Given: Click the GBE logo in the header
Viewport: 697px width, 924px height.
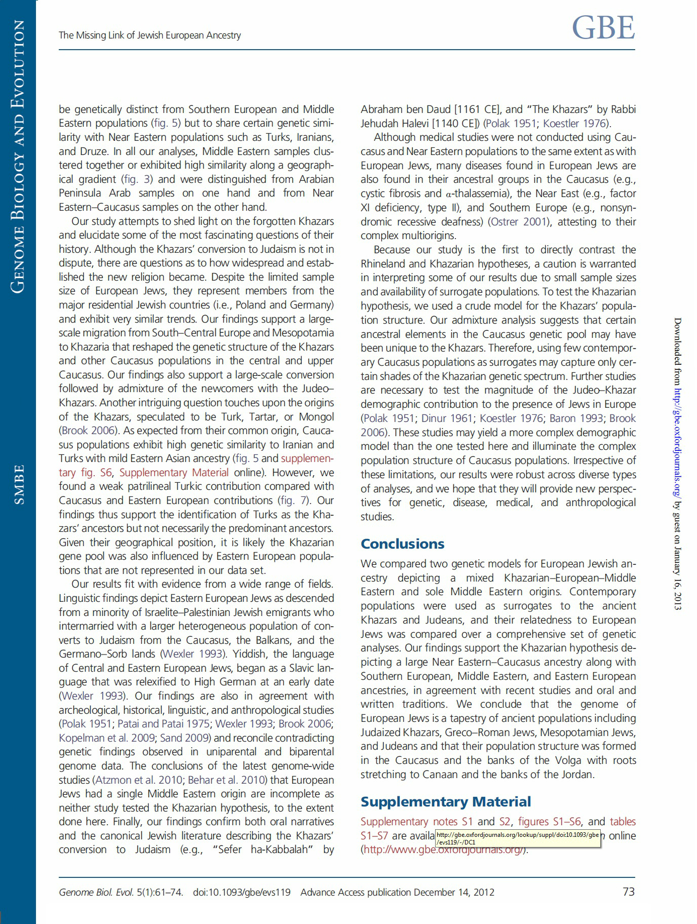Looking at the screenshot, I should (x=603, y=28).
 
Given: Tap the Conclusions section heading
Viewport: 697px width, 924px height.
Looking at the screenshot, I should (x=402, y=544).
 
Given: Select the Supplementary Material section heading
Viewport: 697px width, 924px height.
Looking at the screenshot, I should (x=445, y=802).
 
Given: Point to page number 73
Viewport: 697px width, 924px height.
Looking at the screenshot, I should (x=628, y=892).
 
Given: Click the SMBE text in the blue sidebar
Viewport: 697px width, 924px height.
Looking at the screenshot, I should (x=19, y=484).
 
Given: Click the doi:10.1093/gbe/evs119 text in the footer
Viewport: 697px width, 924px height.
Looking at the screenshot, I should (x=242, y=893).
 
